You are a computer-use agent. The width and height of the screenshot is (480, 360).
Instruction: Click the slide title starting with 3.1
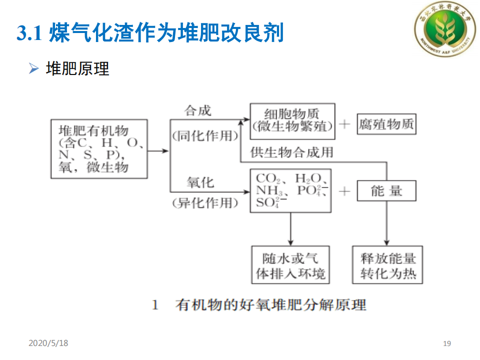pos(150,33)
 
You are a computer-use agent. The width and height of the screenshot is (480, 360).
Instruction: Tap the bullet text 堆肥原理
pos(77,68)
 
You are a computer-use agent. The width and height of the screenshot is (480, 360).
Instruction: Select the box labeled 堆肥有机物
pos(99,148)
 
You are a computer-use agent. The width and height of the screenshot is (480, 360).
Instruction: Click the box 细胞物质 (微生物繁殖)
pos(292,120)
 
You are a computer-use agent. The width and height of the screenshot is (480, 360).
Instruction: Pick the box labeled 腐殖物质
pos(386,124)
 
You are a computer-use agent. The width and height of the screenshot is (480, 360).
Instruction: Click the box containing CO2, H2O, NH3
pos(290,191)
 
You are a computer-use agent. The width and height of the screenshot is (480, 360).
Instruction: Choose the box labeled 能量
pos(386,190)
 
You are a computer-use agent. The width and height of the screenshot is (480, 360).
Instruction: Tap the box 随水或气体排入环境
pos(290,265)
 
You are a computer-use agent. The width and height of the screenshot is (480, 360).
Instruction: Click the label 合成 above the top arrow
pos(198,110)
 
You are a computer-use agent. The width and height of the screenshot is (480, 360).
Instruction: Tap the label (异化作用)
pos(205,202)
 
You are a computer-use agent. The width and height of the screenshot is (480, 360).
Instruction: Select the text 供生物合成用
pos(292,151)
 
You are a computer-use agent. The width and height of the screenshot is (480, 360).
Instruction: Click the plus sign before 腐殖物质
pos(344,124)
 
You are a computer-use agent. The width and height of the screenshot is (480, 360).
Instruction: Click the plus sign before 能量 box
pos(344,190)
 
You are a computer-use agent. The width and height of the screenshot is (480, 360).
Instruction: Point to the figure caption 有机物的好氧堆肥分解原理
pos(270,304)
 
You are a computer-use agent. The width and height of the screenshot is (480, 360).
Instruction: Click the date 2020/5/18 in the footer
pos(48,343)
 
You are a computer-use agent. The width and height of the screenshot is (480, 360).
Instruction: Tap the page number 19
pos(447,343)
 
